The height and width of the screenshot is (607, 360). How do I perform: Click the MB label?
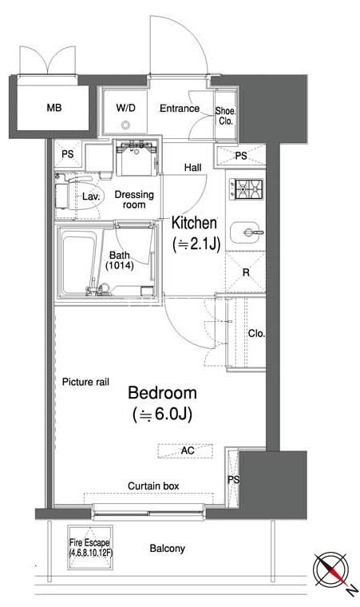coord(54,108)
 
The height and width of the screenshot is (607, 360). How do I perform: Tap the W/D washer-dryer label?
coord(125,108)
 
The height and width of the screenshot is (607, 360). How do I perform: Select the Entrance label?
coord(180,109)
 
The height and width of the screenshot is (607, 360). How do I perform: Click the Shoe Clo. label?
coord(225,116)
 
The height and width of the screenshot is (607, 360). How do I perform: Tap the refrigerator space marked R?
coord(245,272)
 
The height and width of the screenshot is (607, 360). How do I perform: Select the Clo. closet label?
coord(256,333)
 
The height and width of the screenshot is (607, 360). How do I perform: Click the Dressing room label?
coord(134,200)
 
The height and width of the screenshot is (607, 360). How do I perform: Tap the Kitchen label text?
coord(194,223)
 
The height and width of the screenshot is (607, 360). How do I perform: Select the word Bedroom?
coord(162,392)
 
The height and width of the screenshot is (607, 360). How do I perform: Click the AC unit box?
coord(185,451)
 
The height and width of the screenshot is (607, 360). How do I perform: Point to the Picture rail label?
coord(85,382)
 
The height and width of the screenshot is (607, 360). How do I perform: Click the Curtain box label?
coord(153,486)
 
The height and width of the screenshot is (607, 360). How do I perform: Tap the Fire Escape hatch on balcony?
coord(90,547)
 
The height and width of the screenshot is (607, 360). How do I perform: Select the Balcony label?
coord(167,549)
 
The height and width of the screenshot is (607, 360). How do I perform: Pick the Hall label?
coord(193,167)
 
